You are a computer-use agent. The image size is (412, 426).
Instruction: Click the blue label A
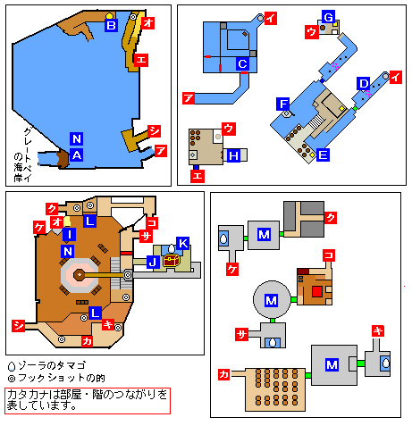coord(77,155)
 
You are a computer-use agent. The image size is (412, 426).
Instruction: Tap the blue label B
coord(111,25)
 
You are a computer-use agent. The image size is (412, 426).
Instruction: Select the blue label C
coord(242,63)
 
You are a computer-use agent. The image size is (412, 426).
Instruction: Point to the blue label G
coord(328,17)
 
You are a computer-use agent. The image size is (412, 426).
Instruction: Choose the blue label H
coord(233,155)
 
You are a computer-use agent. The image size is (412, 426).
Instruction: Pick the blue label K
coord(182,244)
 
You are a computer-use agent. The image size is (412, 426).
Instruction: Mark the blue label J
coord(153,263)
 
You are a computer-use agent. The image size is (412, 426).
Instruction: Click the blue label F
coord(282,104)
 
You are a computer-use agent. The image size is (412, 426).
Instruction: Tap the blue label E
coord(323,155)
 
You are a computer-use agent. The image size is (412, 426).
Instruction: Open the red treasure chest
coord(172,261)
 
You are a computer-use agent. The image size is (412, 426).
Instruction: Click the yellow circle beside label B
coord(110,16)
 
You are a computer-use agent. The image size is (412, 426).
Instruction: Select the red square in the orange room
coord(317,291)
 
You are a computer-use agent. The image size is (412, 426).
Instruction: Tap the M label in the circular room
coord(271,300)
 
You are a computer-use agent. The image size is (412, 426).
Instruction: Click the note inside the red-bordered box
coord(87,400)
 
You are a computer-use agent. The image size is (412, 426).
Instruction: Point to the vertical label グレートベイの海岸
coord(23,155)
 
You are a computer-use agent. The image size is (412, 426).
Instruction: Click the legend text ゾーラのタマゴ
coord(52,365)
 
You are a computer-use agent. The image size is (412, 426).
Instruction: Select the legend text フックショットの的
coord(62,378)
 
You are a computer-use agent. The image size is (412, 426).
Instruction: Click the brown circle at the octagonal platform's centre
coord(79,275)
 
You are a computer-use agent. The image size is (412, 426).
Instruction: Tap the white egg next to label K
coord(172,248)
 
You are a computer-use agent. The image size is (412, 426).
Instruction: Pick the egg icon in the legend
coord(12,366)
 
